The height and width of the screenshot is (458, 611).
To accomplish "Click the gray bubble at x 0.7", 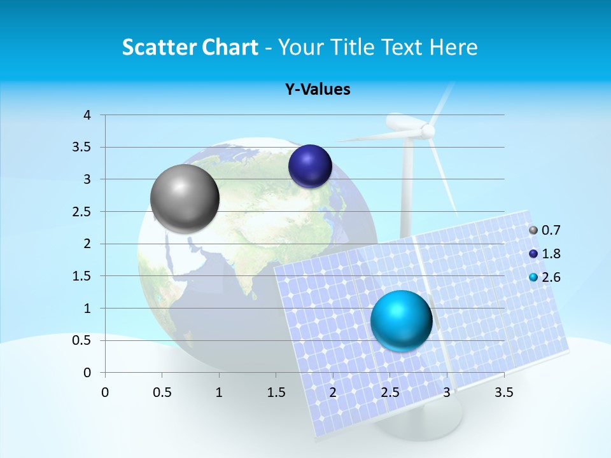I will [185, 198].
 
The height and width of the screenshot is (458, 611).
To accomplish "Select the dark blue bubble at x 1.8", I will [310, 166].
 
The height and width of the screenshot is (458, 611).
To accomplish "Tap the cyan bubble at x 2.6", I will [401, 320].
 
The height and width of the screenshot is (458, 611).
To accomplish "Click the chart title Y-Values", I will [318, 89].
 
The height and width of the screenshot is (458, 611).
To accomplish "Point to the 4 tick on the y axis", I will [87, 115].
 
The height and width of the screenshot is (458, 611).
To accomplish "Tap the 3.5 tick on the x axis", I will [504, 392].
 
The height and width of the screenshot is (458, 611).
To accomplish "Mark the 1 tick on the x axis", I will [219, 392].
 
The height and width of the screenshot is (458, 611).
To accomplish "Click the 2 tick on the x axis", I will [333, 392].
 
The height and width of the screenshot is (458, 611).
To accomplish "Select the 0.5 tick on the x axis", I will [162, 392].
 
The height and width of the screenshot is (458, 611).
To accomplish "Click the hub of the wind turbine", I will [428, 130].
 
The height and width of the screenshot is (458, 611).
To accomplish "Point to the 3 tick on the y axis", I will [87, 179].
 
